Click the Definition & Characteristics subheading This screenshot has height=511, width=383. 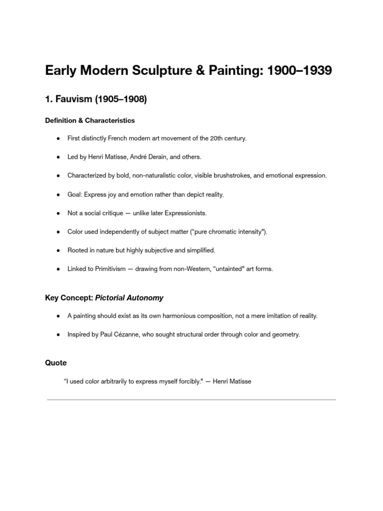coord(90,120)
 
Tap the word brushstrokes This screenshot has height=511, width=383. coord(233,176)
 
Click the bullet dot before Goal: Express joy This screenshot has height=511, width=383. coord(58,195)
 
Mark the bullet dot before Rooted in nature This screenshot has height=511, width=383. coord(58,251)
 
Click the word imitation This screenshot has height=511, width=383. coord(266,316)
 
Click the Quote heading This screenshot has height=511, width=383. coord(56,363)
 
